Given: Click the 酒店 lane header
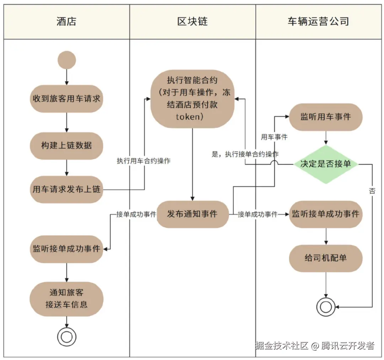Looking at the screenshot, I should click(66, 21).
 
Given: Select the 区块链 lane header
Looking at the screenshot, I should click(192, 21).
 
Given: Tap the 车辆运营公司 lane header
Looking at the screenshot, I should click(318, 21).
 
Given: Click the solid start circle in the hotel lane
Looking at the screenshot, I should click(67, 60).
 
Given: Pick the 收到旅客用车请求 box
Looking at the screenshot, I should click(66, 99).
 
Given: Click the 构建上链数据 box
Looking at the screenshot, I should click(66, 145).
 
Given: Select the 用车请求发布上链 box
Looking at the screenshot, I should click(66, 189).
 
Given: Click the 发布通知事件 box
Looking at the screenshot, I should click(192, 214).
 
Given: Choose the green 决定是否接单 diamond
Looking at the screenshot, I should click(326, 164).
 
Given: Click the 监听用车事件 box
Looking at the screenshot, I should click(326, 117).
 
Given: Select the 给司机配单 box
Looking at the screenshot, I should click(326, 258).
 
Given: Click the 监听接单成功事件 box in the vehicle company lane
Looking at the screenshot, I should click(326, 214).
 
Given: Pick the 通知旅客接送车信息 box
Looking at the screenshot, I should click(66, 299).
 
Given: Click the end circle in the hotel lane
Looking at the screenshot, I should click(67, 336).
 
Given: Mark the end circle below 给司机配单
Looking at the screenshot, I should click(326, 306).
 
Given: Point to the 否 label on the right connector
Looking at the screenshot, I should click(372, 191).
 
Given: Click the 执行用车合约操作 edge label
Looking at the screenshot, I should click(144, 161).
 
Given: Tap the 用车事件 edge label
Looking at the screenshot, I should click(274, 137).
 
